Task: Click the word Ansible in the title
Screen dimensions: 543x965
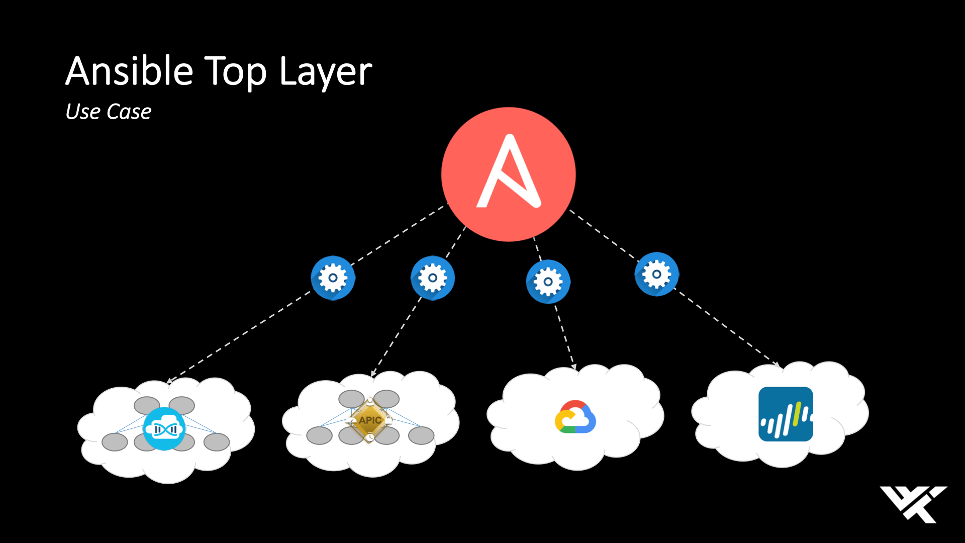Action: [129, 71]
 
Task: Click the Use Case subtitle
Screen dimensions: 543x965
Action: [108, 112]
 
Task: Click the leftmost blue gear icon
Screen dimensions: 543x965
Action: [333, 278]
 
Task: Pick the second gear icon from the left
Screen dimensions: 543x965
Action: [432, 278]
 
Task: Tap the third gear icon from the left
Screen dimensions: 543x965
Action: [548, 282]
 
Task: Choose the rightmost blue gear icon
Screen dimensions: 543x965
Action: [656, 274]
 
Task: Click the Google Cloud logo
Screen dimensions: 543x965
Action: [575, 417]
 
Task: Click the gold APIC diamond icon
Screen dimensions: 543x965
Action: [370, 420]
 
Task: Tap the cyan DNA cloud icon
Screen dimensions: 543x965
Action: [164, 429]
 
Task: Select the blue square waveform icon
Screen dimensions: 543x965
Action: [786, 414]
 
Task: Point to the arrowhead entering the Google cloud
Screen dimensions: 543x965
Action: [573, 367]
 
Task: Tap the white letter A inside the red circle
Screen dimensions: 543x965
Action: [509, 173]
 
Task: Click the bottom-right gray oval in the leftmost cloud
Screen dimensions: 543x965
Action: [217, 442]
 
